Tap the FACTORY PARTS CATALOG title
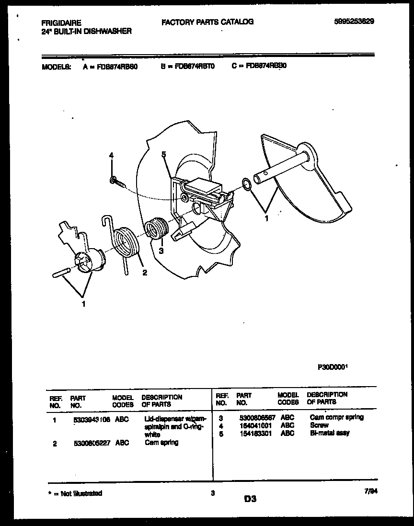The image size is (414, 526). click(x=207, y=22)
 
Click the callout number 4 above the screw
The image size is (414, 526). click(x=111, y=156)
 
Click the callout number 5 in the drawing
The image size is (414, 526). click(x=163, y=154)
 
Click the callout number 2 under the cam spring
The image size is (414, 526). click(x=144, y=273)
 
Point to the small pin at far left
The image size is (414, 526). click(x=62, y=272)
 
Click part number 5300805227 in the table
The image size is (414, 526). click(x=92, y=443)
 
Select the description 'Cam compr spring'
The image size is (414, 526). click(x=336, y=417)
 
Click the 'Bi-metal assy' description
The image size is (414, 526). click(x=330, y=433)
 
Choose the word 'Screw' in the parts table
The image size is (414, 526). click(x=319, y=425)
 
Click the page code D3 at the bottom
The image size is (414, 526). click(x=250, y=498)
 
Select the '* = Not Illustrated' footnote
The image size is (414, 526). click(x=75, y=493)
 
